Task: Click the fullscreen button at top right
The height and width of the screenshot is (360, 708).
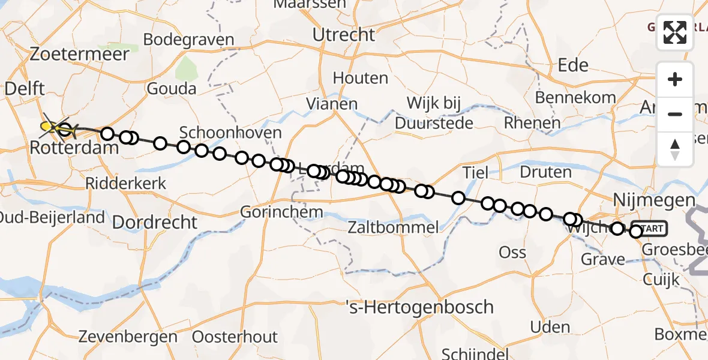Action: click(675, 32)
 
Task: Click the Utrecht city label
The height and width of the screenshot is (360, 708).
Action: click(344, 35)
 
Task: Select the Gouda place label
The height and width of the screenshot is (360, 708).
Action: click(171, 89)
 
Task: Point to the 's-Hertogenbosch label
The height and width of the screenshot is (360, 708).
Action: click(420, 307)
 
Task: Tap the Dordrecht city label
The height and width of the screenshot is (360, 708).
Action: click(155, 222)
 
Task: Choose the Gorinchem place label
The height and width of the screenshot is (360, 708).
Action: click(281, 212)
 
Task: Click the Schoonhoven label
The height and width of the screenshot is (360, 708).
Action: click(230, 133)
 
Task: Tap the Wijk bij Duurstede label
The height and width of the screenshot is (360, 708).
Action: click(434, 113)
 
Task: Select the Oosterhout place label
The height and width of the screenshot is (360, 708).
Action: click(235, 337)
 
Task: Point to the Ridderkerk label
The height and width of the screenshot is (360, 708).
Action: click(125, 184)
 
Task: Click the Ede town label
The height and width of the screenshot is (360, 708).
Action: click(573, 65)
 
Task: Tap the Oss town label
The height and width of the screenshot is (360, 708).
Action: click(512, 252)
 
